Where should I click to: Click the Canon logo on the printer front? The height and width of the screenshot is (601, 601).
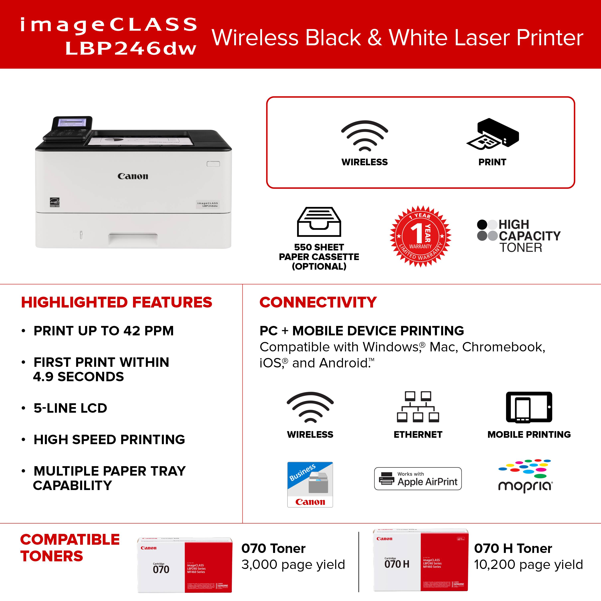(x=133, y=176)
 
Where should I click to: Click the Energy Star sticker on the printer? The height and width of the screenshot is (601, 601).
(x=55, y=203)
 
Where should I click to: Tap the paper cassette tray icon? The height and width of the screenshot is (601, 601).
(x=319, y=222)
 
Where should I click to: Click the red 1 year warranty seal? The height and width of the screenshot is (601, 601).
(x=420, y=236)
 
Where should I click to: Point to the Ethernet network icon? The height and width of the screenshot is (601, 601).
(x=418, y=407)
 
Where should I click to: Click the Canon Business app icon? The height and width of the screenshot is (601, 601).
(x=310, y=484)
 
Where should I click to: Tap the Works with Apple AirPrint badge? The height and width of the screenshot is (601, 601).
(x=418, y=479)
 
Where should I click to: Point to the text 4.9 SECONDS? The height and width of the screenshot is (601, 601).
(x=78, y=377)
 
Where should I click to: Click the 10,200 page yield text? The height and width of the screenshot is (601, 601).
(x=528, y=565)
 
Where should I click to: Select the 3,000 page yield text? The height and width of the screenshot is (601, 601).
(x=293, y=565)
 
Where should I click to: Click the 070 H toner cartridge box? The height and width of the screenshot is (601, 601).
(x=420, y=560)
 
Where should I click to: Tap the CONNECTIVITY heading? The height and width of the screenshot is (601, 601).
(x=318, y=302)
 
